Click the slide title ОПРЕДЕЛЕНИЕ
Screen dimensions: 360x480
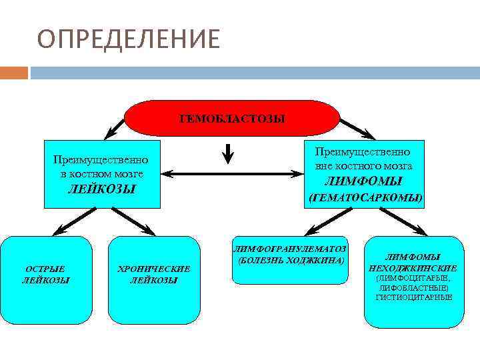(x=128, y=39)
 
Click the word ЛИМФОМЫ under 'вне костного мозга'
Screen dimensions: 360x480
(x=363, y=181)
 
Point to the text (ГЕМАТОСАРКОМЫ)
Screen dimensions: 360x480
(x=365, y=198)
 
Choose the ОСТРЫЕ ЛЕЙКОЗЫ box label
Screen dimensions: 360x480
(x=46, y=275)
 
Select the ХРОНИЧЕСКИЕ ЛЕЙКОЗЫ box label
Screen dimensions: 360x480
(x=153, y=275)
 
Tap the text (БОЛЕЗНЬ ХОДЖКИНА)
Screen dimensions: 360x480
(x=290, y=259)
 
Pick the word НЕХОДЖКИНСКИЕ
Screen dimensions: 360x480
(x=413, y=267)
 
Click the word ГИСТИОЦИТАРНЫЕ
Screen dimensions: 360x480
(x=413, y=297)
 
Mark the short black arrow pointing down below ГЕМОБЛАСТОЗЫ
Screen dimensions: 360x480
(x=229, y=154)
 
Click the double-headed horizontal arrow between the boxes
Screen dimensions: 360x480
(x=233, y=174)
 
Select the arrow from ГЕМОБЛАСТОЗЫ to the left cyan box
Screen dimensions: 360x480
(x=115, y=127)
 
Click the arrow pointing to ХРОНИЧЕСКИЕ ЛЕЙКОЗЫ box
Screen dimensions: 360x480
(x=133, y=221)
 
